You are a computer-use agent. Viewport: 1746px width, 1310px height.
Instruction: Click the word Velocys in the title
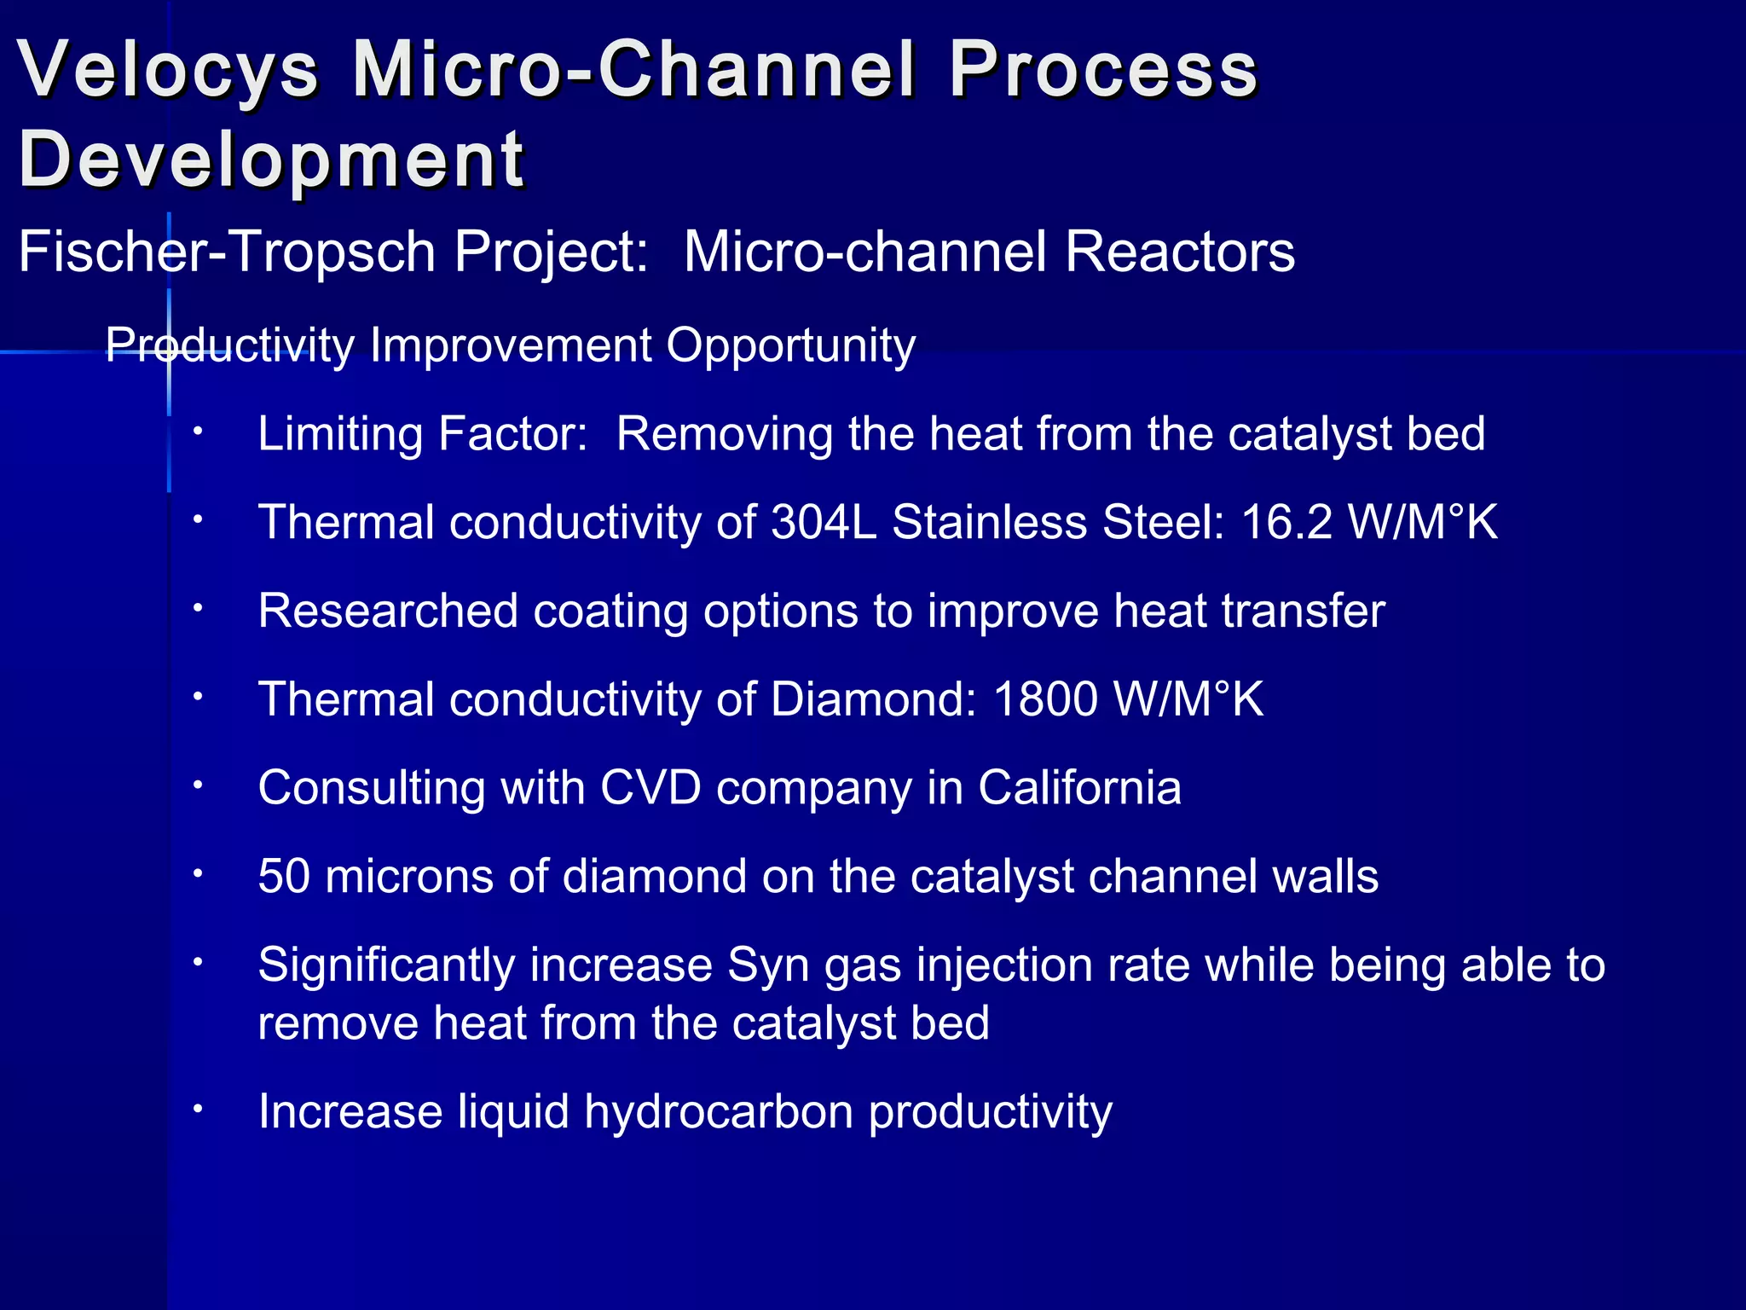pyautogui.click(x=168, y=70)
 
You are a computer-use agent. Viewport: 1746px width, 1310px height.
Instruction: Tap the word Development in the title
pyautogui.click(x=271, y=160)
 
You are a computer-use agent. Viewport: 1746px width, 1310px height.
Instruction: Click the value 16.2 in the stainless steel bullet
pyautogui.click(x=1286, y=522)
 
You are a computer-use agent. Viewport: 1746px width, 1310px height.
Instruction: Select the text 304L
pyautogui.click(x=824, y=522)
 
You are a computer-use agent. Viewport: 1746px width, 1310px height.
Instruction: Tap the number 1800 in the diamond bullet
pyautogui.click(x=1045, y=699)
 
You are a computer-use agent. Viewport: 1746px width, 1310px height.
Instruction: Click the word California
pyautogui.click(x=1079, y=787)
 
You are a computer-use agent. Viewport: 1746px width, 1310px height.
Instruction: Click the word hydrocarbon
pyautogui.click(x=720, y=1112)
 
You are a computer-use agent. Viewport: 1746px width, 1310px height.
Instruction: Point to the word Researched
pyautogui.click(x=388, y=611)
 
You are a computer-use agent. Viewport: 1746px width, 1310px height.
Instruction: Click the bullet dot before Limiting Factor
pyautogui.click(x=197, y=432)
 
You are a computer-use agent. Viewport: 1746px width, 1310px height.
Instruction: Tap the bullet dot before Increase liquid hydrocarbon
pyautogui.click(x=197, y=1109)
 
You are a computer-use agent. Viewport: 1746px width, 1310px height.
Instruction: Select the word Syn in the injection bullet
pyautogui.click(x=763, y=965)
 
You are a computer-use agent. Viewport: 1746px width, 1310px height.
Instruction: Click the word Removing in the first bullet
pyautogui.click(x=723, y=434)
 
